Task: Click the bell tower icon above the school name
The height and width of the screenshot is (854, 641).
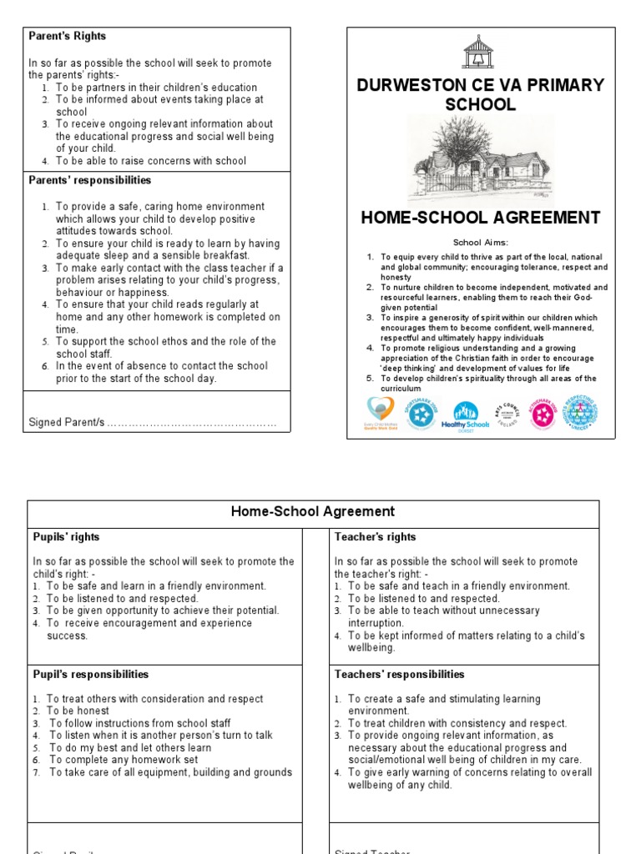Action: click(477, 53)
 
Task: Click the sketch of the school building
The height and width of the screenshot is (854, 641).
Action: click(480, 160)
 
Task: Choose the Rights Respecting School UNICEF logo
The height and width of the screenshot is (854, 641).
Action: click(583, 412)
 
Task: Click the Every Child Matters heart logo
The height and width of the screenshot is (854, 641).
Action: click(381, 412)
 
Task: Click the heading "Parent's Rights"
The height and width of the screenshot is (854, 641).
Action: click(68, 37)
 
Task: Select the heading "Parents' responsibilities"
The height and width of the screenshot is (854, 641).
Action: click(90, 180)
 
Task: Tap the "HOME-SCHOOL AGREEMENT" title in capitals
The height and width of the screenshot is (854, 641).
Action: click(480, 219)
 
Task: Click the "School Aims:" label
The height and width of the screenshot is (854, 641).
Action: click(480, 242)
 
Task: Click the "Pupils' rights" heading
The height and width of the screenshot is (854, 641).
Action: click(66, 537)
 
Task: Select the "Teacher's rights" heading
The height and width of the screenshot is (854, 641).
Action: click(375, 537)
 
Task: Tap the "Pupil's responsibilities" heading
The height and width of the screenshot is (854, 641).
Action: click(90, 675)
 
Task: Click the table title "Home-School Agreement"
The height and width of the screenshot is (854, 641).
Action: click(313, 512)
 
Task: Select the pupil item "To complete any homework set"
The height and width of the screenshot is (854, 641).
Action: click(124, 760)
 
